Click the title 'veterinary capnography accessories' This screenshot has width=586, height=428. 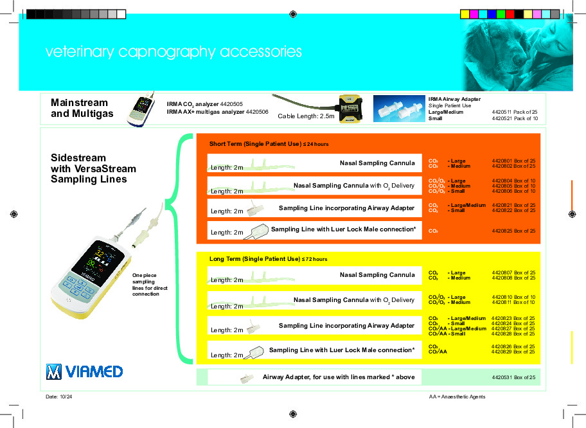click(x=173, y=52)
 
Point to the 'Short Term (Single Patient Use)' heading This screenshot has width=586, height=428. click(x=269, y=143)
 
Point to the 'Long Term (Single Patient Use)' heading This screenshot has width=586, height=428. click(x=268, y=259)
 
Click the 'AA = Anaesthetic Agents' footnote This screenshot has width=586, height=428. click(x=457, y=397)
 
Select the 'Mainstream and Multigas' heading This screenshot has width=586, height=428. click(x=82, y=108)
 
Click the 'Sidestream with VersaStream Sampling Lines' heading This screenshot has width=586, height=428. click(x=93, y=168)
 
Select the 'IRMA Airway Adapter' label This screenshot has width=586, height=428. click(x=454, y=99)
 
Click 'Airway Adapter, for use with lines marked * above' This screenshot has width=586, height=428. click(x=339, y=377)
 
